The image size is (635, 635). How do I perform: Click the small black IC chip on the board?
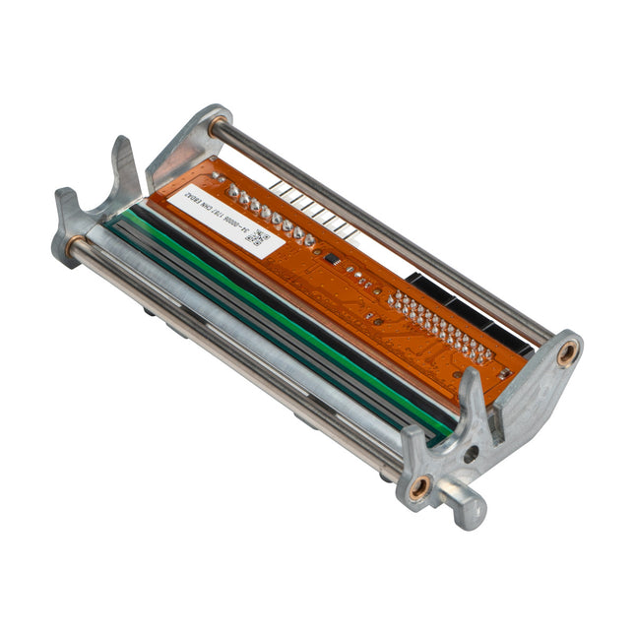click(333, 259)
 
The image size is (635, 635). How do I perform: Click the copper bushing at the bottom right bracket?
click(419, 485)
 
